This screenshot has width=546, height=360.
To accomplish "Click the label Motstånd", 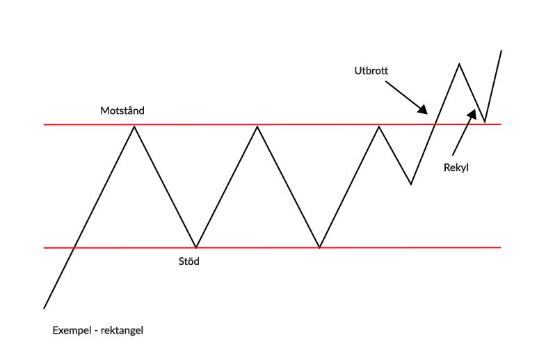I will click(122, 111).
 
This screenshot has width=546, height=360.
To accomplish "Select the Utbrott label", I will click(370, 71).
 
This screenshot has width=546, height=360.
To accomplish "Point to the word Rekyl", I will click(456, 167).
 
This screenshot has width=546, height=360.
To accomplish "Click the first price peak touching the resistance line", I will click(134, 125).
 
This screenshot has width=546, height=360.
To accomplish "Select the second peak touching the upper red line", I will click(258, 126).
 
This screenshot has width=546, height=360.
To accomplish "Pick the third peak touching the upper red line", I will click(379, 126).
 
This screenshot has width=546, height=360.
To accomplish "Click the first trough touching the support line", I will click(197, 247).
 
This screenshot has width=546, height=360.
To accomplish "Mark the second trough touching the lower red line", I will click(319, 247).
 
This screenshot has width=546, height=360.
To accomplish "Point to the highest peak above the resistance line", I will click(459, 64).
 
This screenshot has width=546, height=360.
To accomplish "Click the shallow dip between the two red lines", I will click(411, 184).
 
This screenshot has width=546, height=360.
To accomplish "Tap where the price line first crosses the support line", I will click(74, 247).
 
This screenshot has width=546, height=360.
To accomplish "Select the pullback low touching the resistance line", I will click(485, 122).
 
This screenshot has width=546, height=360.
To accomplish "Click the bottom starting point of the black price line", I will click(44, 308).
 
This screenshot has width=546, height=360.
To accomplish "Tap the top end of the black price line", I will click(501, 50).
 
